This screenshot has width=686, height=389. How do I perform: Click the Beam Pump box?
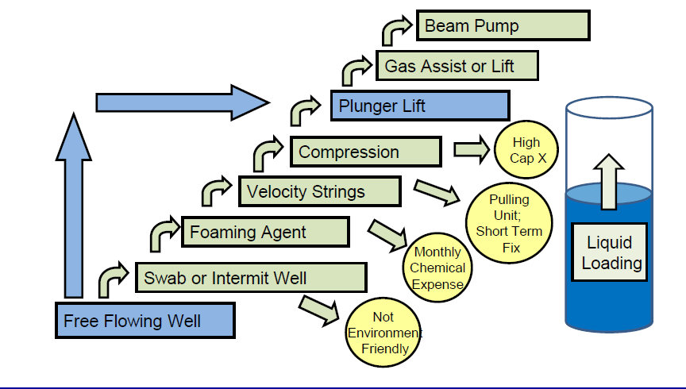(503, 25)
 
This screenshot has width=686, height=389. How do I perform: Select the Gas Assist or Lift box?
(457, 66)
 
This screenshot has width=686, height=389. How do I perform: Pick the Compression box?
(365, 152)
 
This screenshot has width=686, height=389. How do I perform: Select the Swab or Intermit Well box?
(250, 278)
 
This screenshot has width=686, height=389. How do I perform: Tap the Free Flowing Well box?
(145, 321)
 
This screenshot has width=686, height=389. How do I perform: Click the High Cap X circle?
(526, 150)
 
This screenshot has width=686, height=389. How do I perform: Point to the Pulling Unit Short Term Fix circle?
(509, 223)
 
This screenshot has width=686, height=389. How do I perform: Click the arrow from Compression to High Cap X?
(471, 148)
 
